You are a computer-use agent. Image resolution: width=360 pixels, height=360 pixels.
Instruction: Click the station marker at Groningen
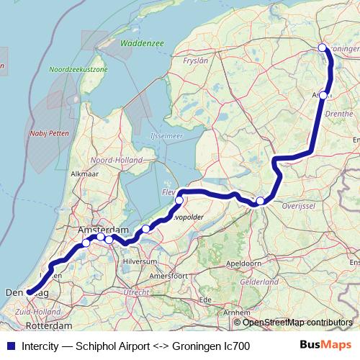[x=323, y=48]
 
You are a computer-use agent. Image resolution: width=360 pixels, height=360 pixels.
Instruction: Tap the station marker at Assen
[x=324, y=95]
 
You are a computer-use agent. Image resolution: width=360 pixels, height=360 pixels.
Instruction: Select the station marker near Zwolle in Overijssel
[x=261, y=202]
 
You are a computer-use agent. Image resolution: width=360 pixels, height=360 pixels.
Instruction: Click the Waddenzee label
[x=143, y=44]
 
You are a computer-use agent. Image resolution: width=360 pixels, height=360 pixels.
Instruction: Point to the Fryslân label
[x=197, y=61]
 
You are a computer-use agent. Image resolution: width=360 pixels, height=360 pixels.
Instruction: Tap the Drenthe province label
[x=339, y=114]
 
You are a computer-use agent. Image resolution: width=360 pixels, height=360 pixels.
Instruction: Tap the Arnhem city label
[x=237, y=312]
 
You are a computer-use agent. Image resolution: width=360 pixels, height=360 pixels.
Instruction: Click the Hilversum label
[x=140, y=261]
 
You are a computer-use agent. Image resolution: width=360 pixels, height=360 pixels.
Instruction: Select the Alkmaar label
[x=84, y=174]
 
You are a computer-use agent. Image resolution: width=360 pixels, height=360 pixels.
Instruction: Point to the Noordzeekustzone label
[x=79, y=69]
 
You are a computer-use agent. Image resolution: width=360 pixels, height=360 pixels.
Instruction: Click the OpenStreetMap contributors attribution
[x=298, y=322]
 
